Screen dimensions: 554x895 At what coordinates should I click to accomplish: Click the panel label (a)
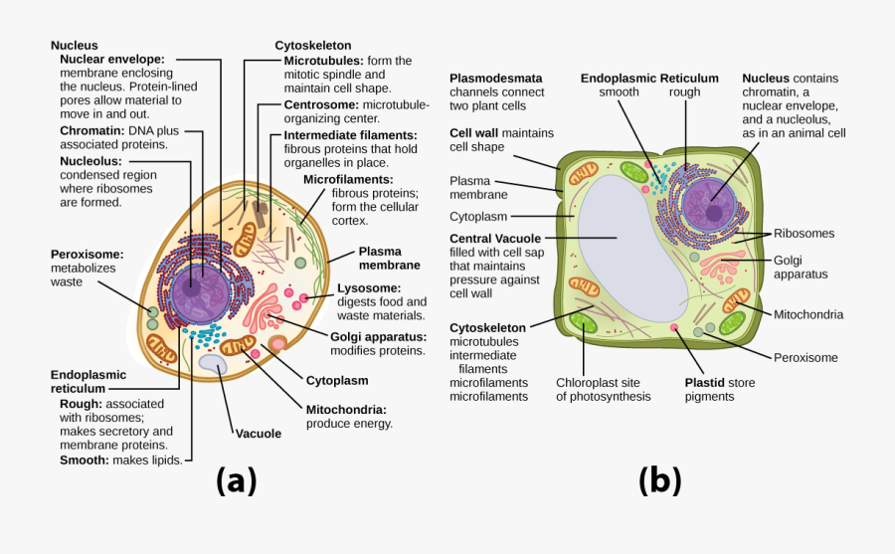click(x=236, y=481)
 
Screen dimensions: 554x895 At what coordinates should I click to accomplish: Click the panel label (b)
click(x=659, y=481)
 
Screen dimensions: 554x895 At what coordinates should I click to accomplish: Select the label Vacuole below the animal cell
click(x=259, y=434)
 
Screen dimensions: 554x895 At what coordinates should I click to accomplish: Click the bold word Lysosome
click(x=369, y=288)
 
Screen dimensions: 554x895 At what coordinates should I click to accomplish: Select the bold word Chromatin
click(x=91, y=130)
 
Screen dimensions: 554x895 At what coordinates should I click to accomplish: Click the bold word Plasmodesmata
click(x=494, y=78)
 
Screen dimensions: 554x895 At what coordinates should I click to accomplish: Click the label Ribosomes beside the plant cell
click(x=805, y=234)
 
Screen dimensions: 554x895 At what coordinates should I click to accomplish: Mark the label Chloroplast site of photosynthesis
click(x=603, y=389)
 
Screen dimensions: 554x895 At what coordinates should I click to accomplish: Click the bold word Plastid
click(x=705, y=382)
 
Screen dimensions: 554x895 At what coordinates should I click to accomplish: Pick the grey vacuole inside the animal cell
click(x=212, y=365)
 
